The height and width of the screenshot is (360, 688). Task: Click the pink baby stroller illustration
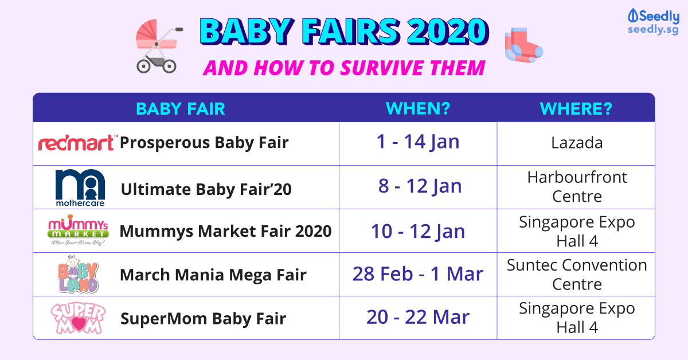point(159,46)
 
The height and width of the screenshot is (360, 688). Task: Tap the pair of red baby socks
point(524,45)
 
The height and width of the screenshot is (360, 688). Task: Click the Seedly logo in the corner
point(653,22)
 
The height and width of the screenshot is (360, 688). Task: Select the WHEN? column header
point(418,108)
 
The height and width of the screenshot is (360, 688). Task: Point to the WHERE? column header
point(576,108)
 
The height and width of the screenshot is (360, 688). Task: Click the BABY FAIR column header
point(181,109)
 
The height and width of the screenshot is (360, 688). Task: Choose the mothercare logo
point(80,187)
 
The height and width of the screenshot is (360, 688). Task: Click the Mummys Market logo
point(79,230)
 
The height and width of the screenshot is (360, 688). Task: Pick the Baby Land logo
point(78,274)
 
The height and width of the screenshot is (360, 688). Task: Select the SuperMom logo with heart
point(79,318)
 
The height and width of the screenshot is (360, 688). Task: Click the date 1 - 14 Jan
point(418,142)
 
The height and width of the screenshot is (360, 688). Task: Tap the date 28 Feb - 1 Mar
point(418,273)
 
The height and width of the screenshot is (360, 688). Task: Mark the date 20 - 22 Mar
point(418,317)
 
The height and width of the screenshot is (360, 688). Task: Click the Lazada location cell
point(577,143)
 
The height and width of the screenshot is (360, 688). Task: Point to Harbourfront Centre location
point(577,187)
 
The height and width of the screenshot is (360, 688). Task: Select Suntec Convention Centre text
point(577,275)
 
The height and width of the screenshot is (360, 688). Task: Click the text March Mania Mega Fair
point(213,275)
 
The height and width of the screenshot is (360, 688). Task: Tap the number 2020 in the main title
point(447,32)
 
